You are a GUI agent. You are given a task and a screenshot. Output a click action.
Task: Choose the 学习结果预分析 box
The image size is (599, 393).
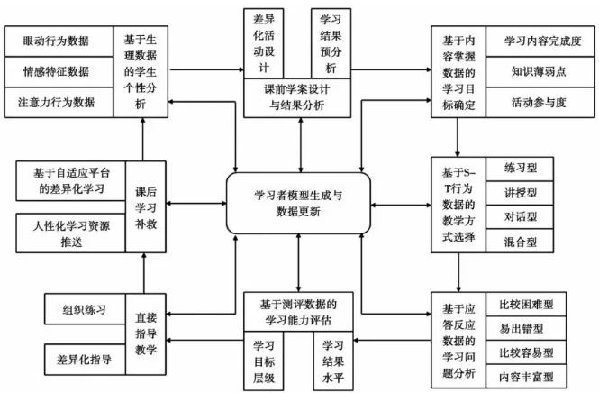[331, 42]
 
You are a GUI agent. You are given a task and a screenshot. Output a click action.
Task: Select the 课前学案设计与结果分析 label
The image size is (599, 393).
[297, 97]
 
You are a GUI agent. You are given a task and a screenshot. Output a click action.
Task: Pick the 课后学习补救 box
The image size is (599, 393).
[146, 206]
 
